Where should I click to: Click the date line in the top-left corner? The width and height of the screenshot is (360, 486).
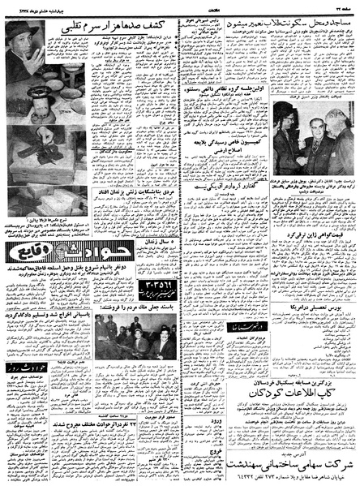tap(36, 7)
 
